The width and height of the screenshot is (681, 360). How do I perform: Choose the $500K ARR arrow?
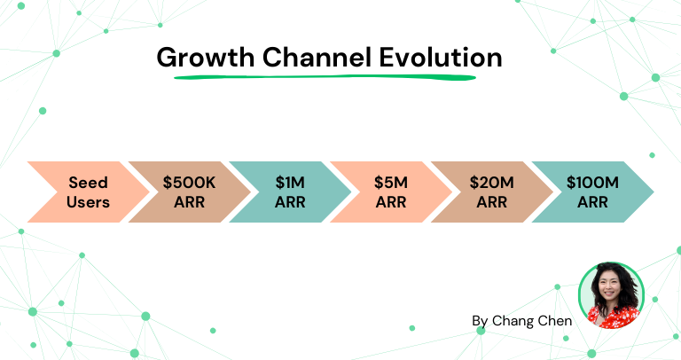click(188, 192)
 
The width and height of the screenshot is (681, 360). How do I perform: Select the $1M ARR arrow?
click(290, 192)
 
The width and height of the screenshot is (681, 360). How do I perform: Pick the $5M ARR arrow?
click(391, 192)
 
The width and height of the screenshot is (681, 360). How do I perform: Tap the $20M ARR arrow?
click(492, 192)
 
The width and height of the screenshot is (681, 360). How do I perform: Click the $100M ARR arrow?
click(594, 192)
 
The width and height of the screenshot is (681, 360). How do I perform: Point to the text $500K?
click(188, 183)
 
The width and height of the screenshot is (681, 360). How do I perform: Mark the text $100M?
click(592, 183)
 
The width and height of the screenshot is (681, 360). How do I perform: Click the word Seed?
click(88, 183)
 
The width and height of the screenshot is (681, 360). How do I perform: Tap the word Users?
click(88, 201)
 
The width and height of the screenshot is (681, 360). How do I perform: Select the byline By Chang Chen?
click(521, 320)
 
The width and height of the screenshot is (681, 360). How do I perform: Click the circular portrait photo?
click(611, 296)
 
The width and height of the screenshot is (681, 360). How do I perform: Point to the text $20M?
click(491, 183)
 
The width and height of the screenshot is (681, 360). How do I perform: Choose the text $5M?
click(391, 183)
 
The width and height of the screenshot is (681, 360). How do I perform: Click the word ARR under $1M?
click(290, 201)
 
